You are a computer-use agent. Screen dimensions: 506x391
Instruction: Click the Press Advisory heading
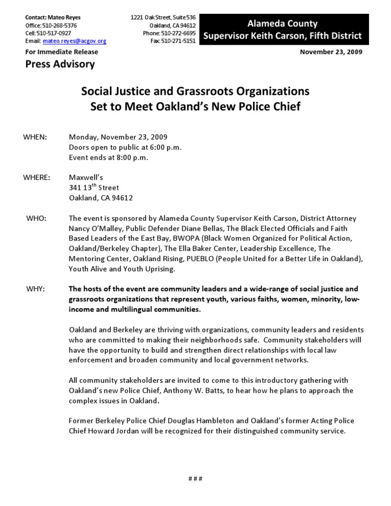[x=60, y=64]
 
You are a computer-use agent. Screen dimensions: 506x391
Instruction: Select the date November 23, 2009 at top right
[x=331, y=52]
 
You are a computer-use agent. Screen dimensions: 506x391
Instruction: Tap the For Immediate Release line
[x=62, y=52]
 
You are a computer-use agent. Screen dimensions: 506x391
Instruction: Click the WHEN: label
[x=36, y=137]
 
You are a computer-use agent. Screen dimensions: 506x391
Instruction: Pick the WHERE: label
[x=37, y=178]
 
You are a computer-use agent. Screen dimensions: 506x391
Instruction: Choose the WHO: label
[x=36, y=218]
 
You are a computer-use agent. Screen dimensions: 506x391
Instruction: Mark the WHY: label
[x=36, y=289]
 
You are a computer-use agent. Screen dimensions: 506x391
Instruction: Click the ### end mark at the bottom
[x=195, y=479]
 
